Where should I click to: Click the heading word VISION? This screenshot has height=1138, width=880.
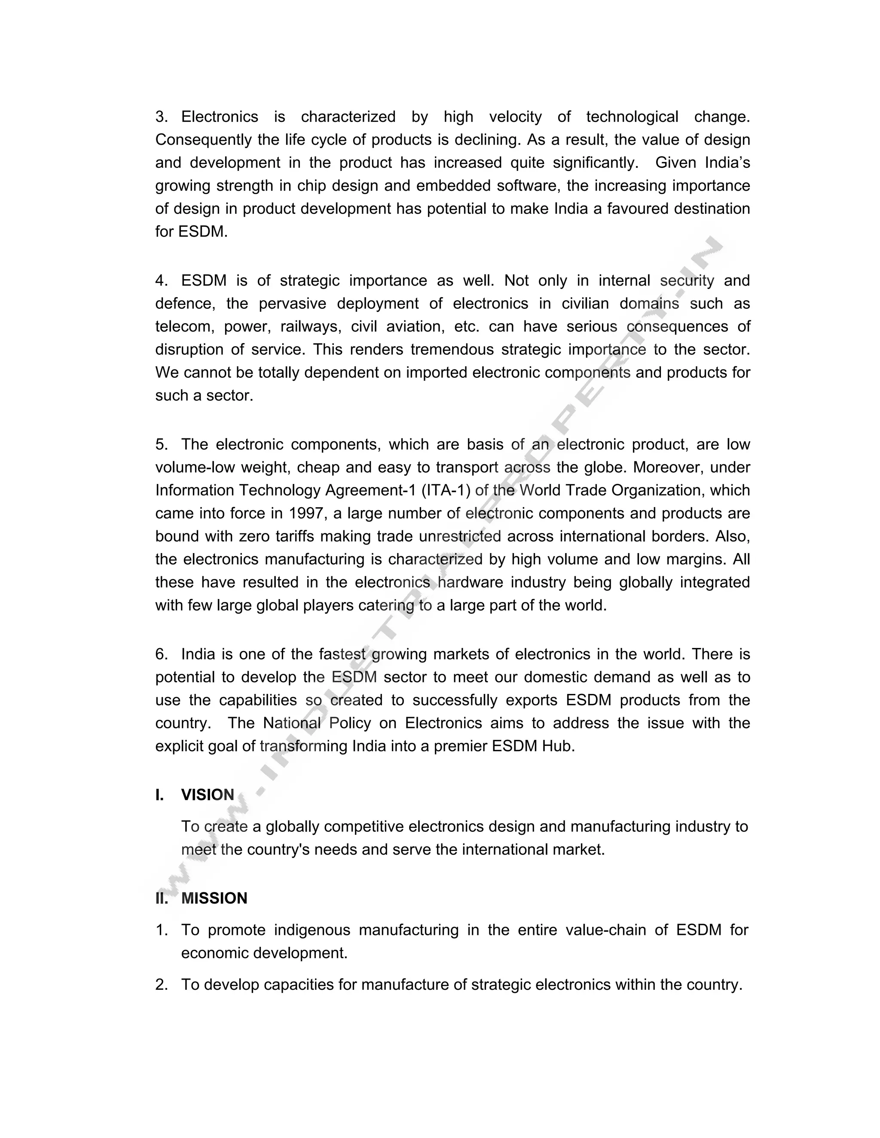(208, 794)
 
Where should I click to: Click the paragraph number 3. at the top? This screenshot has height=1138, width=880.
(161, 117)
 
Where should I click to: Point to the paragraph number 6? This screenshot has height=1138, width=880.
(161, 654)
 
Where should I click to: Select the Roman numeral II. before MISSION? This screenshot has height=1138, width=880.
(162, 898)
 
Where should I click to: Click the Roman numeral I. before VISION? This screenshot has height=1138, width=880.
(159, 794)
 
